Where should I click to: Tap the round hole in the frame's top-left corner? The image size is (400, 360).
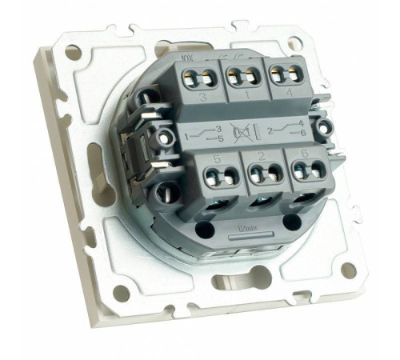tap(74, 53)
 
